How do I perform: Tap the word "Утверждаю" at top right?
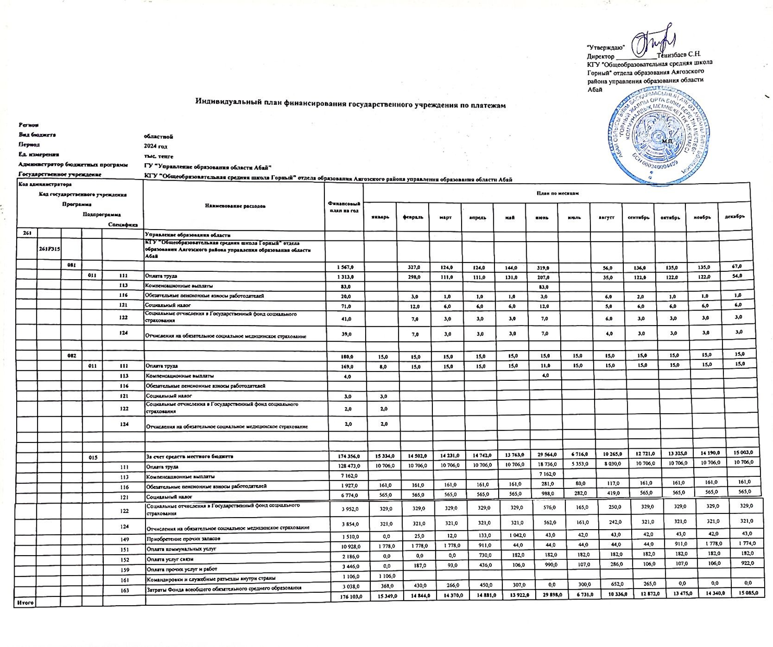pyautogui.click(x=606, y=47)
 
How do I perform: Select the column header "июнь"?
pyautogui.click(x=542, y=217)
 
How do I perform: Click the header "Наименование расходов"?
pyautogui.click(x=234, y=206)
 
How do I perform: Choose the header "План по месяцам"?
pyautogui.click(x=557, y=193)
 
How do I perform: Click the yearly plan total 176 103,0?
pyautogui.click(x=347, y=595)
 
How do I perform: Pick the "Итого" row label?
pyautogui.click(x=26, y=603)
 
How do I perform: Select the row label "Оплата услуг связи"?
pyautogui.click(x=170, y=559)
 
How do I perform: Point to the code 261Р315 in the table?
pyautogui.click(x=49, y=249)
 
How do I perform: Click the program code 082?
pyautogui.click(x=71, y=356)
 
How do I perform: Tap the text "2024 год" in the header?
pyautogui.click(x=155, y=146)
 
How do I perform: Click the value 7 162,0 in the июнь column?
pyautogui.click(x=543, y=474)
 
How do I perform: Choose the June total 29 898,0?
pyautogui.click(x=543, y=595)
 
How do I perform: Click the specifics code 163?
pyautogui.click(x=124, y=588)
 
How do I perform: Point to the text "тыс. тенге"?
pyautogui.click(x=159, y=156)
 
